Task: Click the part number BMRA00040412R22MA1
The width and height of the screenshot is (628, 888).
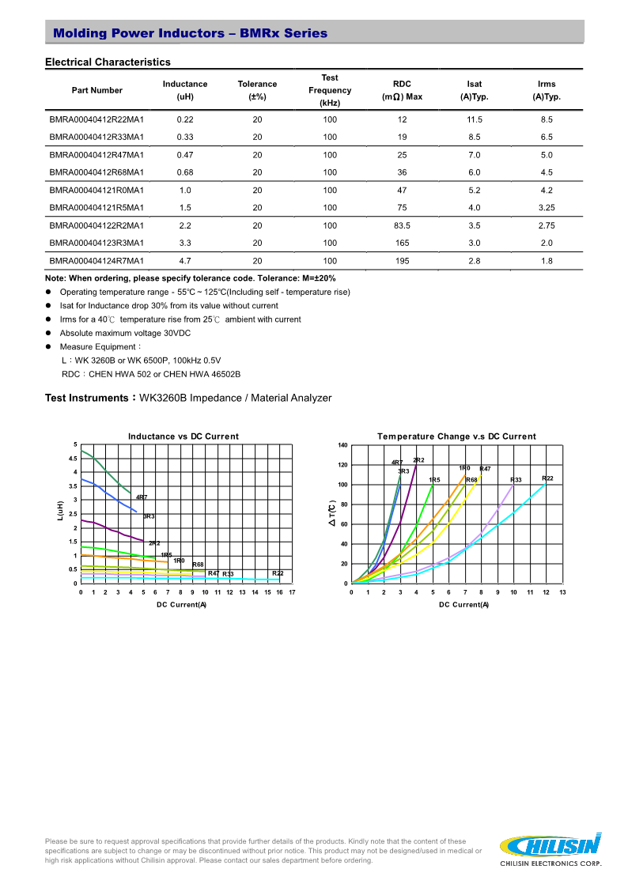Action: [96, 119]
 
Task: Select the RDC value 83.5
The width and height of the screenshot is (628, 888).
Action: [402, 225]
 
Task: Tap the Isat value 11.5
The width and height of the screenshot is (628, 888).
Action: [474, 119]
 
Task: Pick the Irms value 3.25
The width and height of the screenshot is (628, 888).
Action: [547, 208]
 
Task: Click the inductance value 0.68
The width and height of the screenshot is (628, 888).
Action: [185, 172]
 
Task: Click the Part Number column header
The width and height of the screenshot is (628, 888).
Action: [96, 90]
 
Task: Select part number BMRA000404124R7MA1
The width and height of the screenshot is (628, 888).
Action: [96, 261]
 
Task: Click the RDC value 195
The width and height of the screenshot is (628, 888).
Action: [402, 261]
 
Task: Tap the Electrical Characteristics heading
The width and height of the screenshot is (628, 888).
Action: [108, 62]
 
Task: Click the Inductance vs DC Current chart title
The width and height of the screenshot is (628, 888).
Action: [183, 436]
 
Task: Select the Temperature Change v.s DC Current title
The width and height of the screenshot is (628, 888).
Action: [456, 436]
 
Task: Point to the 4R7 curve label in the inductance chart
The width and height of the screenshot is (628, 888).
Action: [142, 497]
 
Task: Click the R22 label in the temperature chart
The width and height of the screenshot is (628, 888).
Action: [547, 478]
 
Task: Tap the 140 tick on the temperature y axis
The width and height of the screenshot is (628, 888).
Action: [342, 445]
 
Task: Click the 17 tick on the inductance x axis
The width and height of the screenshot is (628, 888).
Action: [292, 591]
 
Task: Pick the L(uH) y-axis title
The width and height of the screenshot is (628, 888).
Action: [59, 511]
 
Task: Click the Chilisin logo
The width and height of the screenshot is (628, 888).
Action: [552, 849]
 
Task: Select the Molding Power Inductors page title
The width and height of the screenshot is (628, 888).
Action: [190, 33]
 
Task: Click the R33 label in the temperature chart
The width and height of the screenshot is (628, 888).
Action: [516, 480]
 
